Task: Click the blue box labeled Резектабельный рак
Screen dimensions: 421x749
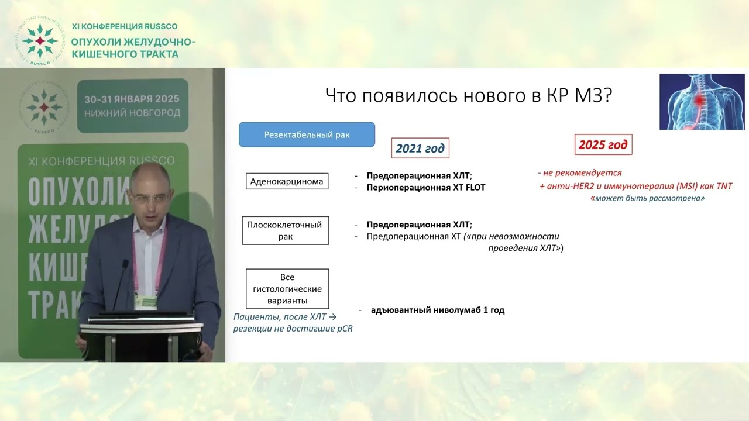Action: pyautogui.click(x=307, y=134)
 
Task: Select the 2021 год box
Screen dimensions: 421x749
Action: pyautogui.click(x=420, y=149)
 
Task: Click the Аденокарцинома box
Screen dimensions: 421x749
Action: pyautogui.click(x=287, y=181)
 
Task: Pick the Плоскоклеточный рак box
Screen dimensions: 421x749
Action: pyautogui.click(x=286, y=231)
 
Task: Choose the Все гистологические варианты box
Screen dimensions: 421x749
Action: pyautogui.click(x=287, y=289)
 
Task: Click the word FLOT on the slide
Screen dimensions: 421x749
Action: pyautogui.click(x=475, y=188)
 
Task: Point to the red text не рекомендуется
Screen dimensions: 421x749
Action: pyautogui.click(x=580, y=173)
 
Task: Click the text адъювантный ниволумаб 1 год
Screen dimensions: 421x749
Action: pyautogui.click(x=438, y=310)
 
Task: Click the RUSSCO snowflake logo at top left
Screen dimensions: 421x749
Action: pyautogui.click(x=39, y=40)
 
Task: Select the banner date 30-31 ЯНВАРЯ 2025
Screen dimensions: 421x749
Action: pyautogui.click(x=132, y=99)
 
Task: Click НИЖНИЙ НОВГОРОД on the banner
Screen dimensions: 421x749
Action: pyautogui.click(x=132, y=112)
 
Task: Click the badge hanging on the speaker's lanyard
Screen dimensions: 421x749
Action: pyautogui.click(x=143, y=301)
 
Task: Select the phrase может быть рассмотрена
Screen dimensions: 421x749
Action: pyautogui.click(x=649, y=199)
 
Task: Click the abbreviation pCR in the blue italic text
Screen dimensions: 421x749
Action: pyautogui.click(x=344, y=329)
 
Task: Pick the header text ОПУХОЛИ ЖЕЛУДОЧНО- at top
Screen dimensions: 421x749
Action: pyautogui.click(x=133, y=42)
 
